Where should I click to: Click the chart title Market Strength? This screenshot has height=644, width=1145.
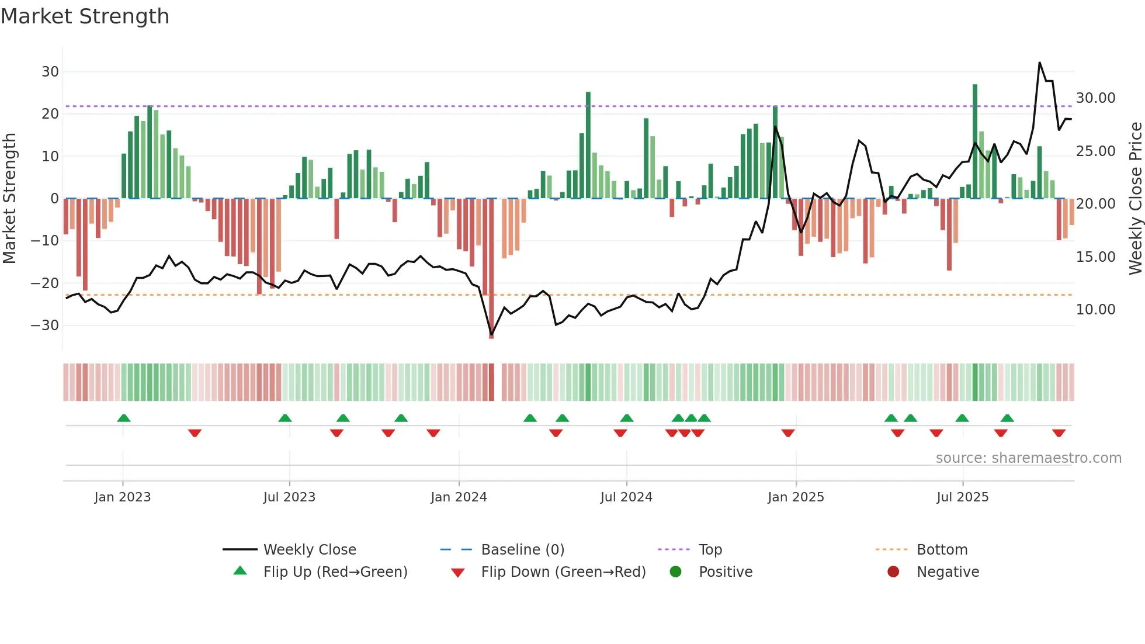85,16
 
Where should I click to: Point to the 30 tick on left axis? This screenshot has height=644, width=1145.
50,72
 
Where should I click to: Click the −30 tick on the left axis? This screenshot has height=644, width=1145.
46,326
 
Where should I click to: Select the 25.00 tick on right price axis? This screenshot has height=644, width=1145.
1095,151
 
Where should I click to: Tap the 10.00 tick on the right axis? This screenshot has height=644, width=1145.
1095,309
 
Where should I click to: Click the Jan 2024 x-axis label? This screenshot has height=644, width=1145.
459,497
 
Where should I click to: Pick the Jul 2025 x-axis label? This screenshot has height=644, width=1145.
962,497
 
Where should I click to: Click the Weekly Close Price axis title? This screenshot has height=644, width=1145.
1135,199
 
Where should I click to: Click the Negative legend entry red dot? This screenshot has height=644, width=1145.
893,572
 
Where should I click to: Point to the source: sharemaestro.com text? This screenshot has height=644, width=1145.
1028,458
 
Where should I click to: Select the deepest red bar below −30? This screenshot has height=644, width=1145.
491,269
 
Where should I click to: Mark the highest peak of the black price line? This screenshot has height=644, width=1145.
1040,63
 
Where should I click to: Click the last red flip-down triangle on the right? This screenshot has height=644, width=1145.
1059,433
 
